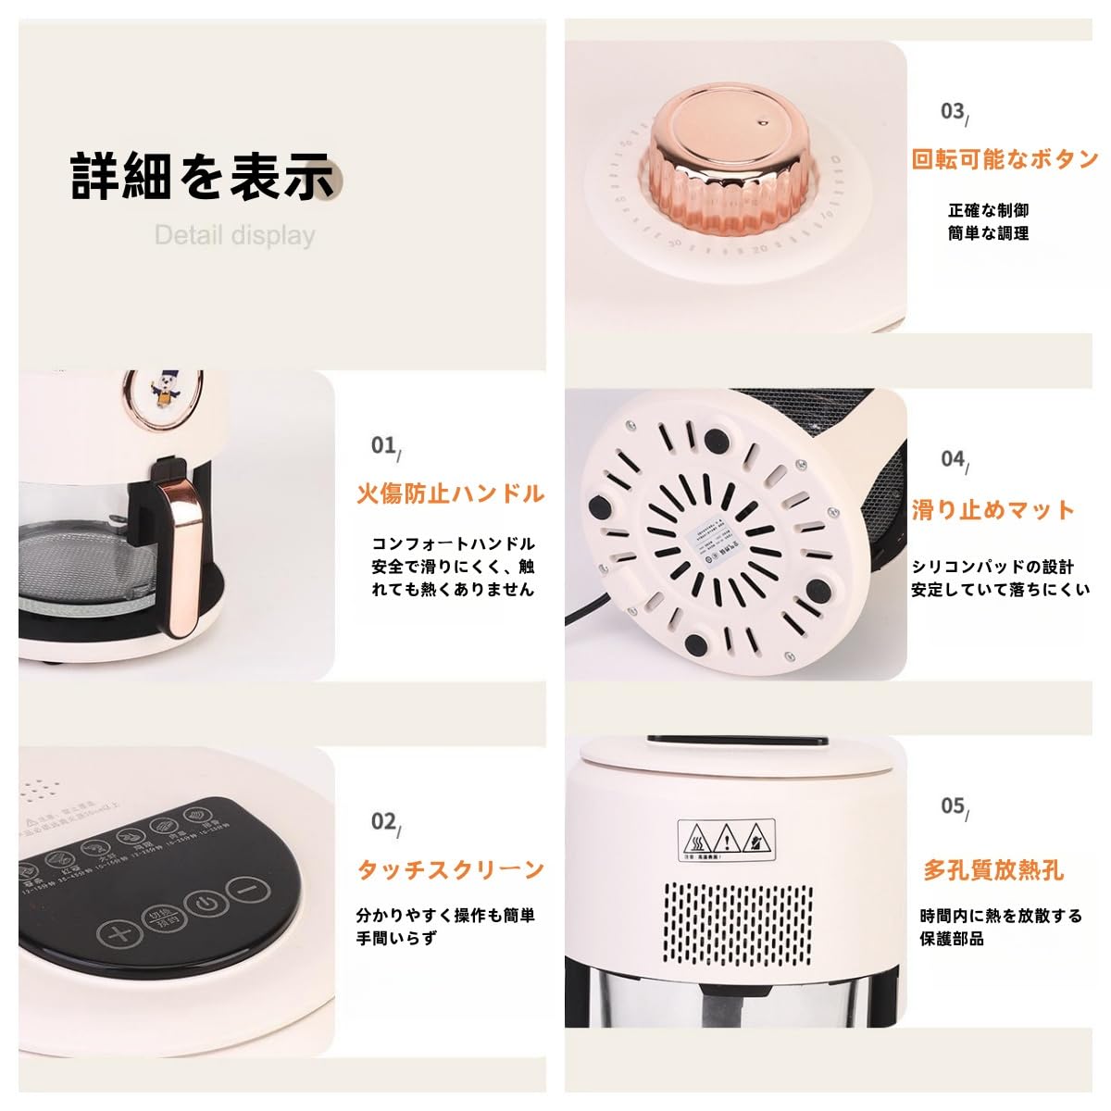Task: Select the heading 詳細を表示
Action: (x=202, y=176)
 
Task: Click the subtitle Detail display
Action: (x=234, y=235)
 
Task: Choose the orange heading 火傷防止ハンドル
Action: (x=451, y=493)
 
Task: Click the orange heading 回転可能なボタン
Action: (x=1005, y=159)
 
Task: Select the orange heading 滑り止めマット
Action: (x=993, y=510)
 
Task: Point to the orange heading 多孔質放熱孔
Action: (x=993, y=870)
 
